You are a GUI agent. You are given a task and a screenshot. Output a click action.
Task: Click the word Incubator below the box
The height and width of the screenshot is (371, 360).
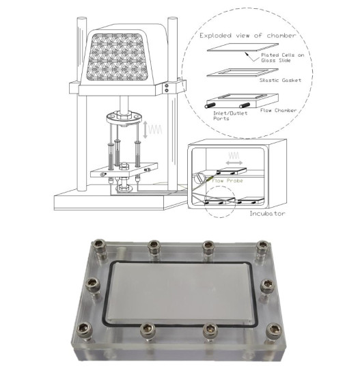tap(267, 213)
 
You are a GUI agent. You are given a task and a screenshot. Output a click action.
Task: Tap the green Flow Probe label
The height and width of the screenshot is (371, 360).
tap(227, 181)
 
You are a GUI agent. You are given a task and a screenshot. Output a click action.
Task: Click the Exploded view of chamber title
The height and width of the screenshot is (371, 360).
tap(248, 36)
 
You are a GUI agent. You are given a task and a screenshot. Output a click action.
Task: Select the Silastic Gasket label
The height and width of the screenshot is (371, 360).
tap(280, 80)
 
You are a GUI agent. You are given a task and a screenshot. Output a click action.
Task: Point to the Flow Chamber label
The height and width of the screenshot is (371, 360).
tap(279, 110)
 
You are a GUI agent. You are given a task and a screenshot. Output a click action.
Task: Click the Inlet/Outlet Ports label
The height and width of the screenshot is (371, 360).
tap(230, 115)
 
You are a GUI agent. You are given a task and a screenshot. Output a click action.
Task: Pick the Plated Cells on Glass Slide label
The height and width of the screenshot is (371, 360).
tap(283, 57)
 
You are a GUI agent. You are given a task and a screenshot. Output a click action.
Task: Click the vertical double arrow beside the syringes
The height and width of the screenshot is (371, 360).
tap(146, 129)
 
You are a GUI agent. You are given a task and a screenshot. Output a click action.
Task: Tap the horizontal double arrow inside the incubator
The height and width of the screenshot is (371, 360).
tap(234, 163)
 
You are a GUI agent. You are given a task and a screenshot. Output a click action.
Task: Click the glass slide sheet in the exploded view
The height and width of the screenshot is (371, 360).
tap(243, 47)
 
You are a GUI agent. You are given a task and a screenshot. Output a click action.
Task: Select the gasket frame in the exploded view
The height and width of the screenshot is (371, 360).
tap(243, 73)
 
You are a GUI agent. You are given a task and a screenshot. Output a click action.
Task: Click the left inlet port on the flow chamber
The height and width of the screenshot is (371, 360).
tap(210, 105)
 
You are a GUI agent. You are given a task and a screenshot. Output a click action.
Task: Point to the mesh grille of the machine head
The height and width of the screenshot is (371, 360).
tap(117, 57)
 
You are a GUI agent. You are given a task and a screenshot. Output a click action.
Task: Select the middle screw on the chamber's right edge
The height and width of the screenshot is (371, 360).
tap(267, 286)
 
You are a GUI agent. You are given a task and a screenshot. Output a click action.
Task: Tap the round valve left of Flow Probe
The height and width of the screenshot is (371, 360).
tap(199, 178)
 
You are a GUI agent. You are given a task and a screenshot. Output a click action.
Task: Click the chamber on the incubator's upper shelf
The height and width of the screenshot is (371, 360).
tap(232, 171)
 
